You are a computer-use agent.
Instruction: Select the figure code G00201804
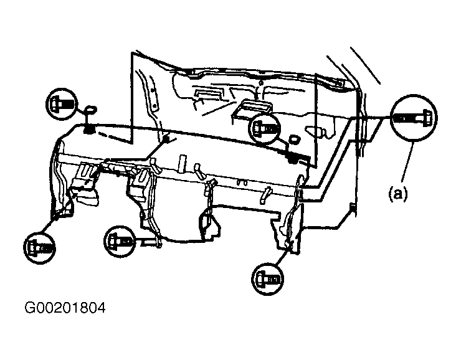65,308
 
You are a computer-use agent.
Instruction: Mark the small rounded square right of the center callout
293,139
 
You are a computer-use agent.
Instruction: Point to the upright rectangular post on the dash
183,163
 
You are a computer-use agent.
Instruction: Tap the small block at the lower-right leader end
351,207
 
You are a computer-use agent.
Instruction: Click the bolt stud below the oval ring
88,127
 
